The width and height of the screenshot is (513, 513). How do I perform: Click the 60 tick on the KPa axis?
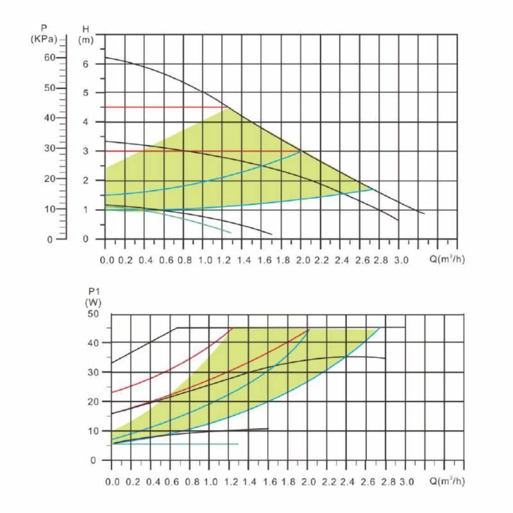pyautogui.click(x=49, y=58)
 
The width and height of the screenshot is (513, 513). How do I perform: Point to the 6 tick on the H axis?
pyautogui.click(x=85, y=64)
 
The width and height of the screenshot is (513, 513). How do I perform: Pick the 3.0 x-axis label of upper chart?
pyautogui.click(x=401, y=260)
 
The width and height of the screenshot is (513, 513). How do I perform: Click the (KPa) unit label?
pyautogui.click(x=44, y=39)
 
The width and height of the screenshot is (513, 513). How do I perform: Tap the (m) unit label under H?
pyautogui.click(x=86, y=40)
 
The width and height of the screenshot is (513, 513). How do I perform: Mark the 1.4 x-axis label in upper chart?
pyautogui.click(x=244, y=260)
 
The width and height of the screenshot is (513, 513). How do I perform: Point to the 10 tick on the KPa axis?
pyautogui.click(x=49, y=209)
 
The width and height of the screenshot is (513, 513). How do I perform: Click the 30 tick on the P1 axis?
pyautogui.click(x=94, y=373)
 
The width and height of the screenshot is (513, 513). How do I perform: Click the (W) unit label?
pyautogui.click(x=93, y=301)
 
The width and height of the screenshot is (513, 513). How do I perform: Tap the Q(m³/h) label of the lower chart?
pyautogui.click(x=447, y=481)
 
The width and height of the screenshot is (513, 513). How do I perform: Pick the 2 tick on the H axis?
pyautogui.click(x=85, y=180)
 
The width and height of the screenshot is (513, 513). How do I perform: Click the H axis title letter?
pyautogui.click(x=86, y=29)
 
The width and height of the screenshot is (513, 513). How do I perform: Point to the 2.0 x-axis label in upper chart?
pyautogui.click(x=303, y=260)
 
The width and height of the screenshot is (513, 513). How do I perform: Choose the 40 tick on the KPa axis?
pyautogui.click(x=49, y=118)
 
